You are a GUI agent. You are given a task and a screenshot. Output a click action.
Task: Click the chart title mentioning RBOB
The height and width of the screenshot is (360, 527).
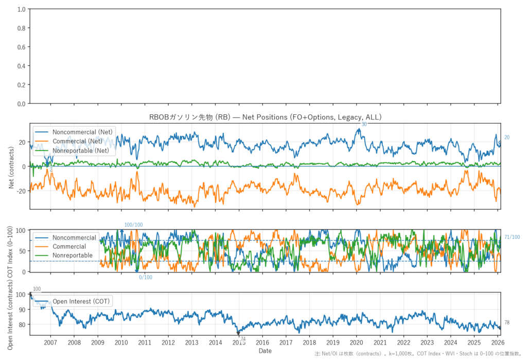pos(265,117)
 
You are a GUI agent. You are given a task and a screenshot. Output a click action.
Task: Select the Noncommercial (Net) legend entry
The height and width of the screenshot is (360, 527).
pos(82,132)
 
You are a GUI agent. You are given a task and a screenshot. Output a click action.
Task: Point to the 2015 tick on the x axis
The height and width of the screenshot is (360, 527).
pos(238,342)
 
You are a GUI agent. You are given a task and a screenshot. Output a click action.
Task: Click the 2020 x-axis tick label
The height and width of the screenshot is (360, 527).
pos(356,342)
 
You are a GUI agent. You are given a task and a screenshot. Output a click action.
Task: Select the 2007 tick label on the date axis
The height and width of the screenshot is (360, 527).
pos(50,342)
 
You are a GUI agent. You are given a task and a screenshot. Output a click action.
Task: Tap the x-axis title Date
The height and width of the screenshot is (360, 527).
pos(265,351)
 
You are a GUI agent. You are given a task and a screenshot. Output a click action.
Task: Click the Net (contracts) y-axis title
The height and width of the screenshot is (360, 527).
pos(12,166)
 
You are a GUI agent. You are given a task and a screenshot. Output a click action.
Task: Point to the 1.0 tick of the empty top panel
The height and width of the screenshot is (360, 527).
pos(22,10)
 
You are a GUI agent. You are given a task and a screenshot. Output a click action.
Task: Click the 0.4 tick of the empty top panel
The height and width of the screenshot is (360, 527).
pos(22,66)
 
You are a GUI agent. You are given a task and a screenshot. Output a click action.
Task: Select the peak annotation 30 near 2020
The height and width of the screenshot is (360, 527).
pos(364,124)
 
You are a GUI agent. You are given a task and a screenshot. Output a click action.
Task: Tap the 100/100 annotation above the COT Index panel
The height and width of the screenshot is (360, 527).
pos(134,225)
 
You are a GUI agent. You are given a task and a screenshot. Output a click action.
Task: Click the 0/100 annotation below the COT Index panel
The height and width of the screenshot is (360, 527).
pos(146,278)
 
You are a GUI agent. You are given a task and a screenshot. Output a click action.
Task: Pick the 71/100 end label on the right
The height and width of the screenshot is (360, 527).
pos(512,237)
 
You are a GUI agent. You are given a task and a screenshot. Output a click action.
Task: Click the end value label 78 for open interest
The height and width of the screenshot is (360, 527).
pos(507,322)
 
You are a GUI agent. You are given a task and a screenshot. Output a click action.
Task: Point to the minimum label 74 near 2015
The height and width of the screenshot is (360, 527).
pos(242,338)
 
